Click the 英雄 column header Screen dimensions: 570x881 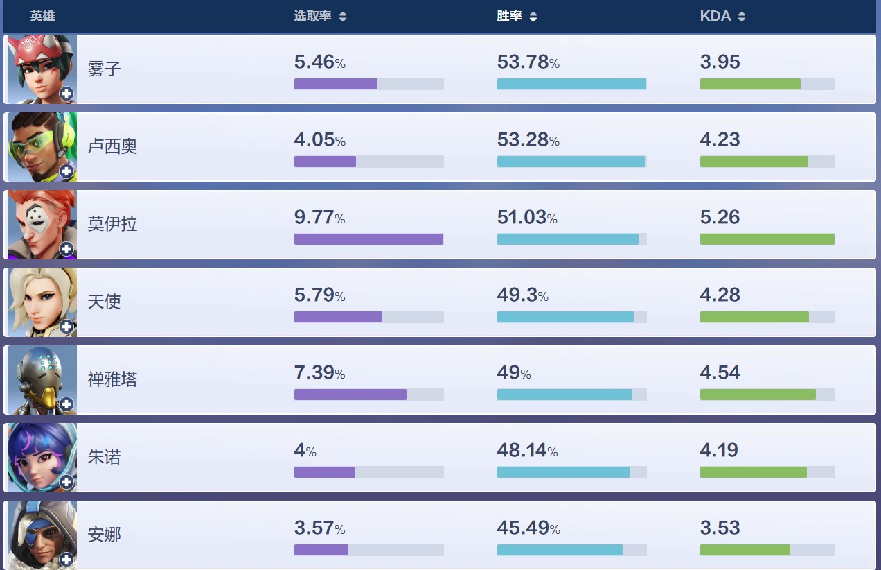(42, 16)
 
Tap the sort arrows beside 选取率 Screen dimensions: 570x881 (343, 17)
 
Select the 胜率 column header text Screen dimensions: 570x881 (509, 16)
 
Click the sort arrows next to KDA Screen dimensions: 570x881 (742, 17)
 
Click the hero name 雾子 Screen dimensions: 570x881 (104, 69)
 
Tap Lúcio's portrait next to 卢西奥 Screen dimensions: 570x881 (41, 146)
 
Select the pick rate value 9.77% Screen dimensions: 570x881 (319, 218)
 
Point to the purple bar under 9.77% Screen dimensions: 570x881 (368, 239)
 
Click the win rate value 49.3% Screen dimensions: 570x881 (522, 295)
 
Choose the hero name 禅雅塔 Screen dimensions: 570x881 (112, 379)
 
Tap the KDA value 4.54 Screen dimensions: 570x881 (720, 373)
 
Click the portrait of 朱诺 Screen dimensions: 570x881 (41, 457)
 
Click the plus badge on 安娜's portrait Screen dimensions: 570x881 (66, 559)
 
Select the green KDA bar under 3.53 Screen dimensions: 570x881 (745, 550)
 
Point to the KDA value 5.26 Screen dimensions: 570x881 (720, 218)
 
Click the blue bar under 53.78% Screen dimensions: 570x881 (571, 84)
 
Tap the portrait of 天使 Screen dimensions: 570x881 (41, 302)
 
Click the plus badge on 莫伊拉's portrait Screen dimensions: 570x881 (66, 248)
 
